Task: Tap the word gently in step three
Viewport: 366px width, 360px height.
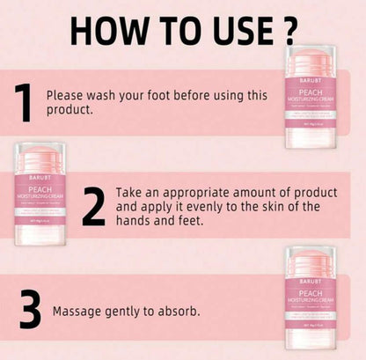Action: click(x=123, y=312)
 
